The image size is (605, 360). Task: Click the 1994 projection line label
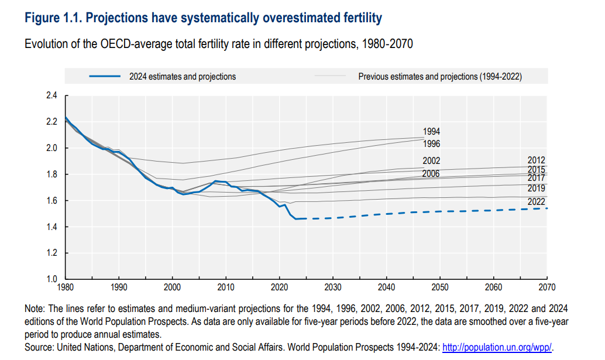[x=431, y=132]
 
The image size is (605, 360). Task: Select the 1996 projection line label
[x=431, y=143]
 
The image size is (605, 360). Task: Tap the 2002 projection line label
[x=431, y=161]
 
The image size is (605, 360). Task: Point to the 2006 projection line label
[x=431, y=173]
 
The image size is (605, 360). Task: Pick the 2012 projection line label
[x=536, y=159]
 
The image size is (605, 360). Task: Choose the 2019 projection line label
[x=536, y=188]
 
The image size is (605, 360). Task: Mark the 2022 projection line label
[x=536, y=202]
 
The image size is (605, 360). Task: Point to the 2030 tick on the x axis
[x=333, y=287]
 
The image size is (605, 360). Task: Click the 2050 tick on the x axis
[x=440, y=287]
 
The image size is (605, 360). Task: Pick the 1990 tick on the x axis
[x=119, y=287]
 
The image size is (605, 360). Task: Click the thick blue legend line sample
[x=105, y=76]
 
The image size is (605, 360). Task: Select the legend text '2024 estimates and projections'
[x=183, y=77]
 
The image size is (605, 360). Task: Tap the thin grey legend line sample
[x=331, y=76]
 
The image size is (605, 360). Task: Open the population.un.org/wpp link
[x=497, y=348]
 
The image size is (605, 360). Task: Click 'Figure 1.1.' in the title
[x=53, y=18]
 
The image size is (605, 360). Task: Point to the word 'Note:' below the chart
[x=36, y=308]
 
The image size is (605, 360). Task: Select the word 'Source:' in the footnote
[x=40, y=348]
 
